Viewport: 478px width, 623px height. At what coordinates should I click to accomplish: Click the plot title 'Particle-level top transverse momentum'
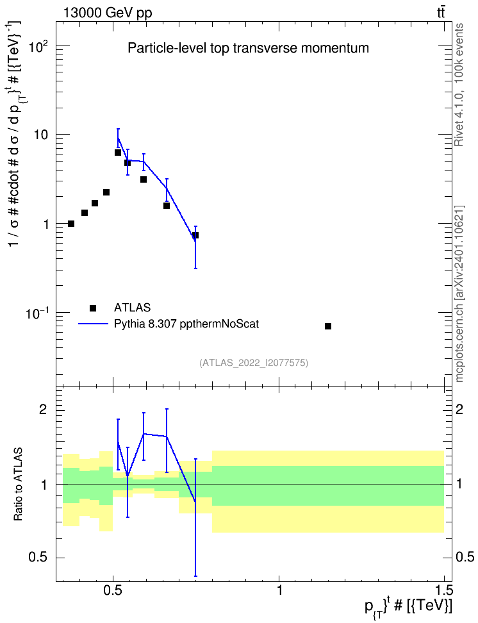pyautogui.click(x=248, y=49)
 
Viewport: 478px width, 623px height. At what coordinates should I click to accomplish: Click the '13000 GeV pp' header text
pyautogui.click(x=107, y=13)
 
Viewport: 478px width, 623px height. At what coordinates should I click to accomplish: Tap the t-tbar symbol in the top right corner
pyautogui.click(x=441, y=12)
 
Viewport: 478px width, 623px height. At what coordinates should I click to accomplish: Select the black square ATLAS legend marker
pyautogui.click(x=93, y=308)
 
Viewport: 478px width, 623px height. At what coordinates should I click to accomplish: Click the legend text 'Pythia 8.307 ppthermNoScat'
pyautogui.click(x=186, y=324)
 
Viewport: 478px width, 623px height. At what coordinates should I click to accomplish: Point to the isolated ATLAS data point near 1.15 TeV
pyautogui.click(x=328, y=326)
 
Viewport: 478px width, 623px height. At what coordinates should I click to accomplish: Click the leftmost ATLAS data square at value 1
pyautogui.click(x=71, y=224)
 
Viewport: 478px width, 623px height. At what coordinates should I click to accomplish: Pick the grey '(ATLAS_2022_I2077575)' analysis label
pyautogui.click(x=254, y=362)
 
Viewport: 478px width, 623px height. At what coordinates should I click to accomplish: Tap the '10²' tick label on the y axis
pyautogui.click(x=38, y=46)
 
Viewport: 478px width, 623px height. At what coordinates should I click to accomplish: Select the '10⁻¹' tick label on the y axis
pyautogui.click(x=37, y=314)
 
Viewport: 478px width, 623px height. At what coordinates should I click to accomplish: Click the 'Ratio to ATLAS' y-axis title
pyautogui.click(x=18, y=485)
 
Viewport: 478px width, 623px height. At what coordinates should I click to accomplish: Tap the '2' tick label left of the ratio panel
pyautogui.click(x=44, y=409)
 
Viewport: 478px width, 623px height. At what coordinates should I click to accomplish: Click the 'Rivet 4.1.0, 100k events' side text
pyautogui.click(x=459, y=85)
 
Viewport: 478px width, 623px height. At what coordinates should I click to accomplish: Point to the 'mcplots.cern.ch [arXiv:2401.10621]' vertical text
pyautogui.click(x=459, y=294)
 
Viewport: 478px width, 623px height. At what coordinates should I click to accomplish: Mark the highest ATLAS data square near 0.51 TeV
pyautogui.click(x=118, y=153)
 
